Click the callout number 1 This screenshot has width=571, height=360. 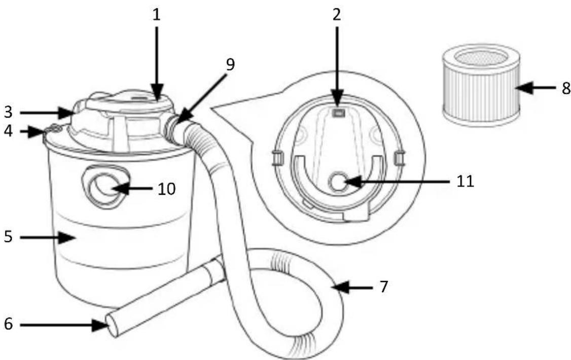[156, 15]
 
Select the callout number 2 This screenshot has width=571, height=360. [337, 15]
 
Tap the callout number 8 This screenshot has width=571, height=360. [565, 88]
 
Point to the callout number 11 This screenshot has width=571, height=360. [465, 181]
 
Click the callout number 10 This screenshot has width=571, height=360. [166, 189]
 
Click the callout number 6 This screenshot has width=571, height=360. [9, 323]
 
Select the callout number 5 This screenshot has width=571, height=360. [9, 237]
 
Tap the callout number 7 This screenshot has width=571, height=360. [384, 287]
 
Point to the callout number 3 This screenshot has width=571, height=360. [9, 112]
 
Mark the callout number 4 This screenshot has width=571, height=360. [8, 131]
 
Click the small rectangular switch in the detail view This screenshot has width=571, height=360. [338, 113]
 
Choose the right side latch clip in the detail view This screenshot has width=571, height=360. [399, 157]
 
